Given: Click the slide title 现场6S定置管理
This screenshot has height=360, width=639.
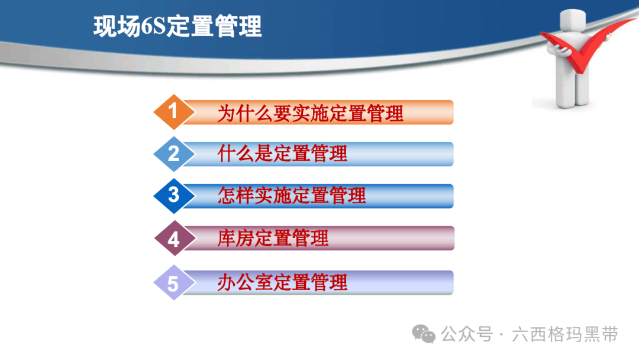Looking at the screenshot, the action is coord(177,27).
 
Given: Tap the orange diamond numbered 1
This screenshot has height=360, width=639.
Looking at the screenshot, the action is coord(174,112).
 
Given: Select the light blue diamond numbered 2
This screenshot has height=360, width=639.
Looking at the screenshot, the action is coord(174,154).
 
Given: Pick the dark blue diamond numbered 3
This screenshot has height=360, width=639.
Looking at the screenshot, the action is coord(174,196).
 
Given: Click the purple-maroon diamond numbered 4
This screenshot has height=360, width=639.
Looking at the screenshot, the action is coord(175,238).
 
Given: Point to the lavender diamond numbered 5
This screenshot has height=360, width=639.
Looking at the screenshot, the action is coord(174,282).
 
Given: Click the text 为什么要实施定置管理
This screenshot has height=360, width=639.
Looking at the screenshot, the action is coord(310,113).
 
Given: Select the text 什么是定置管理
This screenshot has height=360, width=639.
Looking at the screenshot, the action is coord(282,154).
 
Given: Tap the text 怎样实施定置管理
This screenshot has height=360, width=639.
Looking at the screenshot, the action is coord(291,195).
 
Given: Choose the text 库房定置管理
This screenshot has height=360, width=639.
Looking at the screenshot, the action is coord(273,238).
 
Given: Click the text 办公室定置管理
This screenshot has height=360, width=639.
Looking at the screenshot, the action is coord(282,282).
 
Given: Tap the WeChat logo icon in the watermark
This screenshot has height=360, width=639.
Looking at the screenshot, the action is coord(424,334).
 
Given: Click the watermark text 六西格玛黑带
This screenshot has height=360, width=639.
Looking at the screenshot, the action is coord(565,335).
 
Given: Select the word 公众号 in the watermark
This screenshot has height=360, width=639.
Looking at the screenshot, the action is coord(467,335).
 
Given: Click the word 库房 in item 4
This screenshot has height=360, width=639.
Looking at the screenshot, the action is coord(235,238).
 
